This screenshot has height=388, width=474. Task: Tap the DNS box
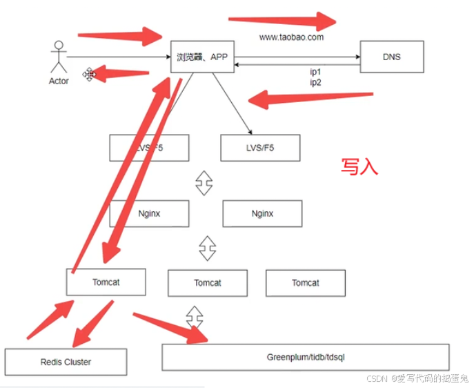391,57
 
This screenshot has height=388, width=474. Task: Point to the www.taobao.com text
291,37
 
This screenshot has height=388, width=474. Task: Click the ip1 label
315,72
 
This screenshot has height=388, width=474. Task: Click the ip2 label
315,82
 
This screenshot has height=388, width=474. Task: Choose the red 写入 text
359,166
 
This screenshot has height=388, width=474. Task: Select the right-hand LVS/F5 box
260,148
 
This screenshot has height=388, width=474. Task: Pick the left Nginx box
149,213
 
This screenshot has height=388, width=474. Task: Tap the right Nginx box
262,213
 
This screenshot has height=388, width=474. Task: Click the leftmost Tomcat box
106,282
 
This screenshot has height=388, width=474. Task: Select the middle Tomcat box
208,282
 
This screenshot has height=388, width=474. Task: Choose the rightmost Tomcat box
305,282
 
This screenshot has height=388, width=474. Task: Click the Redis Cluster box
66,362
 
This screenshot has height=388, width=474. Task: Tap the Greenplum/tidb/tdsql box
306,357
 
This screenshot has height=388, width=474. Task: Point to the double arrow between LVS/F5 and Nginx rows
203,182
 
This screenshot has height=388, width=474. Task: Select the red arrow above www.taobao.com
282,19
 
